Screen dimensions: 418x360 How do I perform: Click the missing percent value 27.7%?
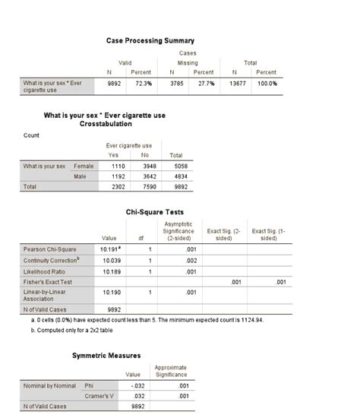[201, 83]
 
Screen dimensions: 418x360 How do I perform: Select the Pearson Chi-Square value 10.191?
[109, 249]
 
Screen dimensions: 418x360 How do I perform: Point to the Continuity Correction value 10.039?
[110, 259]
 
